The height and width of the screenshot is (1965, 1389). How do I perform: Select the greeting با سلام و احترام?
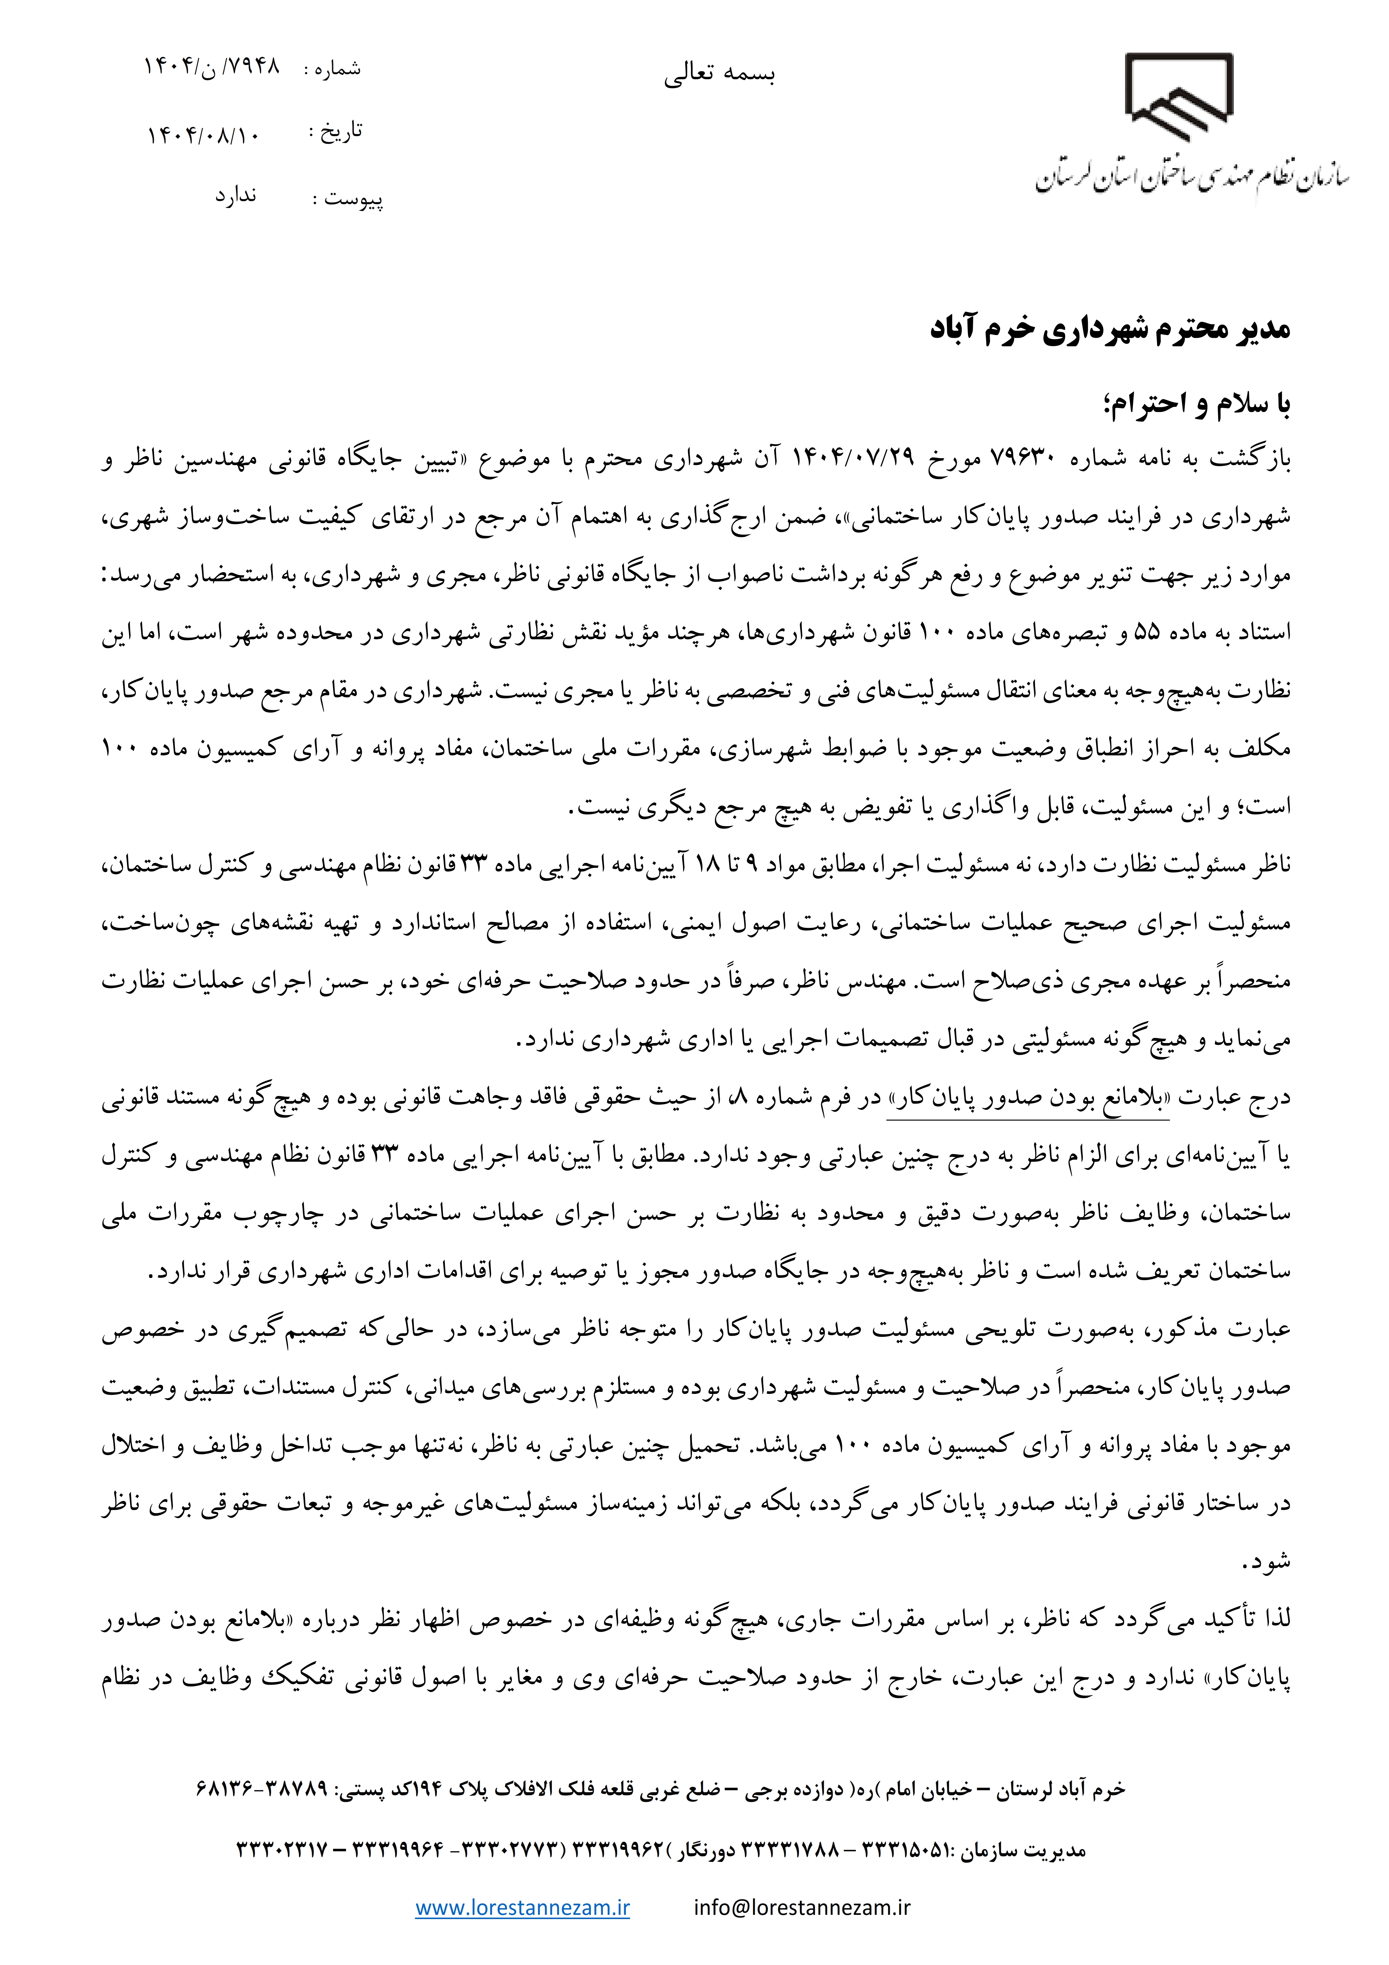(1197, 404)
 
